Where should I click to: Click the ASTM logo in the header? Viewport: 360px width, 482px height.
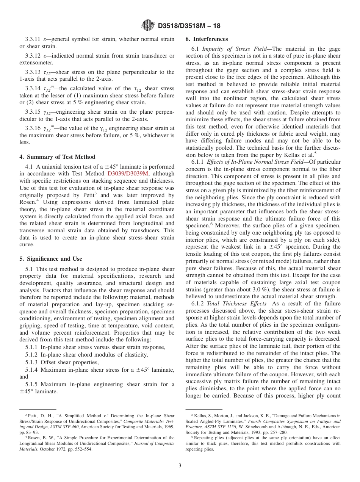tap(148, 26)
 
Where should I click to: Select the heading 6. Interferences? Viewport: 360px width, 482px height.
tap(207, 39)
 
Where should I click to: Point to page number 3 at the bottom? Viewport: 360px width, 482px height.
tap(180, 466)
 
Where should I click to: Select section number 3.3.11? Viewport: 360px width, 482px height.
tap(33, 39)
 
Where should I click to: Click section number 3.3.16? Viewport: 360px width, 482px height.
tap(33, 128)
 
